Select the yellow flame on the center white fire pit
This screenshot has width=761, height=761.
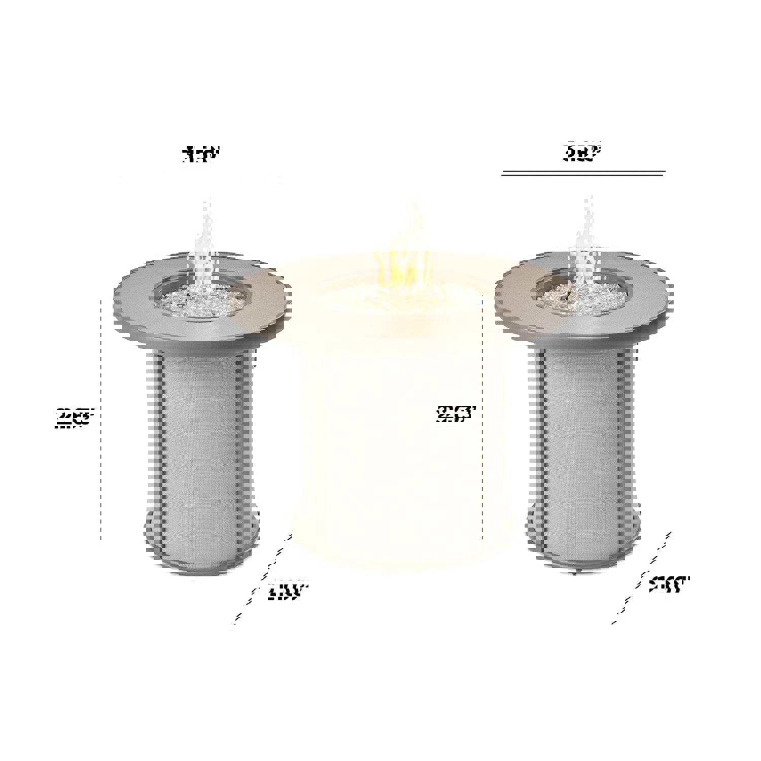406,254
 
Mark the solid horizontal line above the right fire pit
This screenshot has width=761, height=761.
583,173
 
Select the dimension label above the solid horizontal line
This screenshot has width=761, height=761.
582,152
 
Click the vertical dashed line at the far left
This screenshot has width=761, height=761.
101,421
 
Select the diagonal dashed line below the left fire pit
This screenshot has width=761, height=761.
264,578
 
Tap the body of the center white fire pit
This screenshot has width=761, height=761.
391,431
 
